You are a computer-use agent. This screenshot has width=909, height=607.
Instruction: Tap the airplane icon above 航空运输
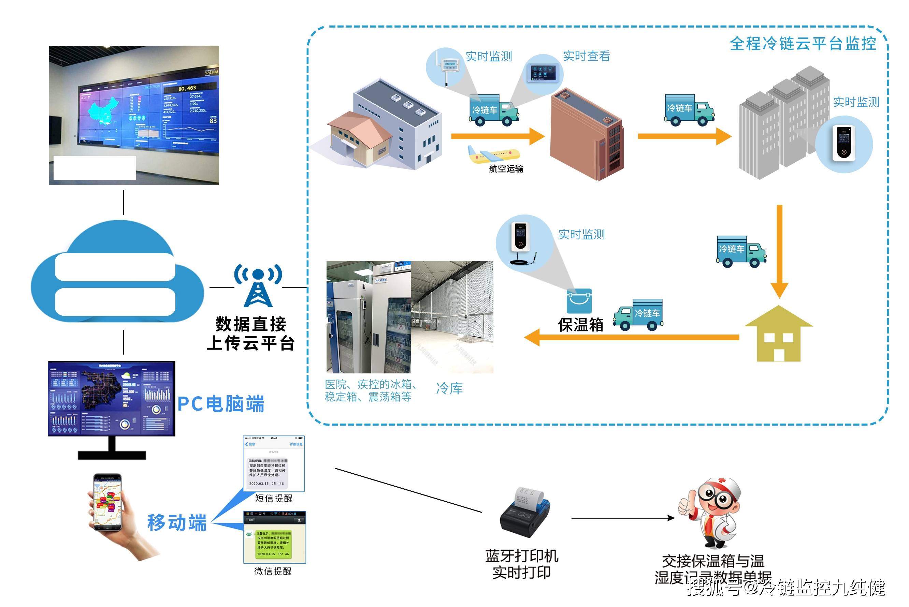[493, 154]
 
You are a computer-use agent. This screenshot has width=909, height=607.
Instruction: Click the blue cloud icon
[116, 273]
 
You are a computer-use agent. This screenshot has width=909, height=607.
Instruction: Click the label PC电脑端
[221, 404]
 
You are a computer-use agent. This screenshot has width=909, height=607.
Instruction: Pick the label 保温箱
[580, 324]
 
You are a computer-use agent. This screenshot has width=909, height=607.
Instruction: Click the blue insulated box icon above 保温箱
[579, 301]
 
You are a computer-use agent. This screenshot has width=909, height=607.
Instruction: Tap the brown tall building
[587, 135]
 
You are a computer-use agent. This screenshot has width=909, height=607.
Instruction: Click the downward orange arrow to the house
[779, 252]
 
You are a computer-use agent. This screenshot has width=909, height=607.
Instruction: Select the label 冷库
[449, 388]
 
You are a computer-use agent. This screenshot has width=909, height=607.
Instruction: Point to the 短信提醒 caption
[273, 498]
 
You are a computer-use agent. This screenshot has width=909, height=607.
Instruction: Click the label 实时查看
[586, 56]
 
